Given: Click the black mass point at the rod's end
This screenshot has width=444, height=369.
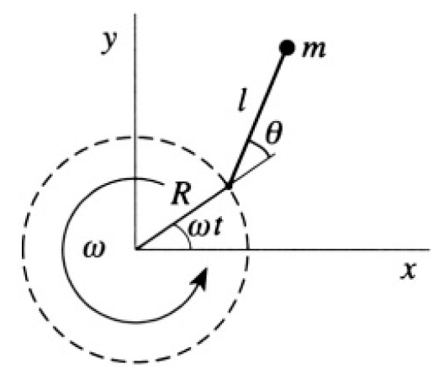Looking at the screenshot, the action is [287, 47].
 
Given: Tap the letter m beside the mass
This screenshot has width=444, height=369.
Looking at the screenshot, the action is [314, 50].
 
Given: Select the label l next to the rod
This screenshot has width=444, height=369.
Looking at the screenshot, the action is [241, 101].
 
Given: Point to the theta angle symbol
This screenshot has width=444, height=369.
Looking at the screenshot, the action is [274, 133].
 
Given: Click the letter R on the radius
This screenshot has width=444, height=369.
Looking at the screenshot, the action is [181, 194].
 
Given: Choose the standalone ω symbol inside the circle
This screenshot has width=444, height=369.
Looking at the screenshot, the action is [94, 250].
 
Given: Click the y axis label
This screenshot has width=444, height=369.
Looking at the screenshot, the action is [109, 41].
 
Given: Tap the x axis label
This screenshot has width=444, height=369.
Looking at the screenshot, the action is [408, 271].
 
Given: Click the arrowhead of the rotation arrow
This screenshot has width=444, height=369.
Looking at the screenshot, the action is [201, 279].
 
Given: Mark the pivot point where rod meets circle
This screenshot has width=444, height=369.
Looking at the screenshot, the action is [228, 187].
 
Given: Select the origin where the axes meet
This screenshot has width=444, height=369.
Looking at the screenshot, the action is [135, 250].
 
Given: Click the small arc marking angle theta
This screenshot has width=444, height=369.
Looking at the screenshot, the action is [261, 148].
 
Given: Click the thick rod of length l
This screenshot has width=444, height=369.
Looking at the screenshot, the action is [256, 119].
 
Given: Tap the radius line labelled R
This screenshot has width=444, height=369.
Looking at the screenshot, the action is [182, 218].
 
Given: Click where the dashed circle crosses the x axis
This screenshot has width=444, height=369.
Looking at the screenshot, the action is [248, 250].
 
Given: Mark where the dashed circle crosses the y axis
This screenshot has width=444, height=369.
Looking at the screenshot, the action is [135, 137].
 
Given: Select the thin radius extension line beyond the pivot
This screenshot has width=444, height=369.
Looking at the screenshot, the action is [251, 171].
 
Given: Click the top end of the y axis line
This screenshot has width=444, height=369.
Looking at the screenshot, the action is [135, 13].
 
